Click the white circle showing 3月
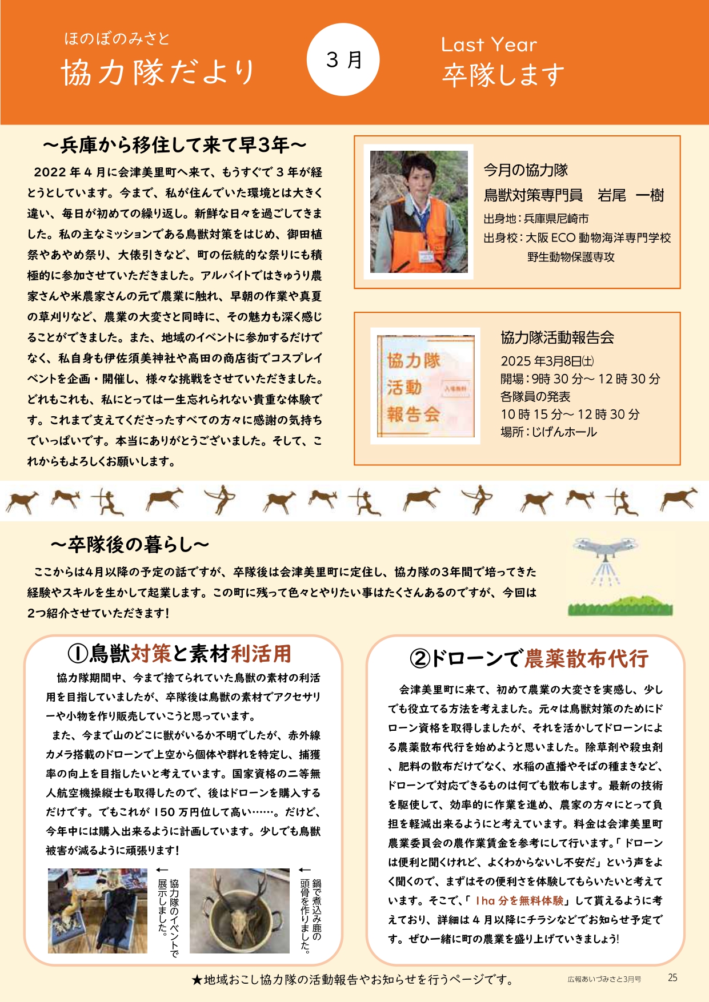(343, 59)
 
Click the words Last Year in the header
(488, 45)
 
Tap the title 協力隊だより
(158, 73)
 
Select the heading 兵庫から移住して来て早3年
(174, 146)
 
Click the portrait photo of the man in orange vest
(419, 212)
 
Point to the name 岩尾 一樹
(631, 196)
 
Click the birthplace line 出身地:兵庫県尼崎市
(536, 219)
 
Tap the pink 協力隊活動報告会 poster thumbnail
(425, 386)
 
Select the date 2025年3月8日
(547, 361)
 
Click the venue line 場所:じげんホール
(548, 432)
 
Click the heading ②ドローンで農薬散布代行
(529, 658)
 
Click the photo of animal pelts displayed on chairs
(98, 911)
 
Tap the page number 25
(672, 977)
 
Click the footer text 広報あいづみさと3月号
(604, 979)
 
